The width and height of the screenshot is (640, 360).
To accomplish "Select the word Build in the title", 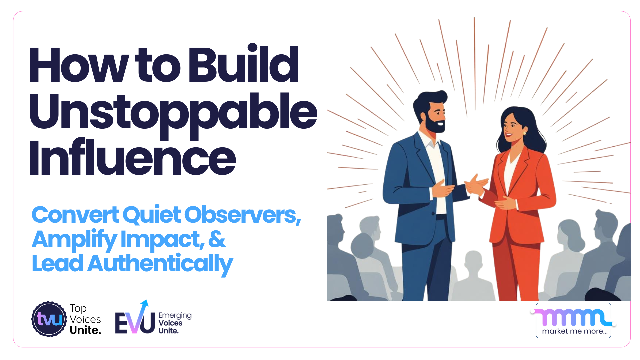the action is (x=243, y=64).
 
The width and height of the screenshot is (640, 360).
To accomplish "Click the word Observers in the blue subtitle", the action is (x=242, y=215).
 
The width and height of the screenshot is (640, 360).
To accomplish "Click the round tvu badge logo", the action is (x=49, y=319).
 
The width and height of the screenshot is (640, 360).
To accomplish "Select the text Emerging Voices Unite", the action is (x=175, y=323).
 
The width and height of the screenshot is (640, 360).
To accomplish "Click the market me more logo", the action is (x=573, y=321).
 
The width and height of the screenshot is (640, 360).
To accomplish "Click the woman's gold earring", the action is (x=524, y=133).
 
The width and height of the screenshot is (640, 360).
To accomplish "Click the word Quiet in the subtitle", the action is (x=152, y=215).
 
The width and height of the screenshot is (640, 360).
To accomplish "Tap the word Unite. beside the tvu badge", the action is (x=85, y=330).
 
